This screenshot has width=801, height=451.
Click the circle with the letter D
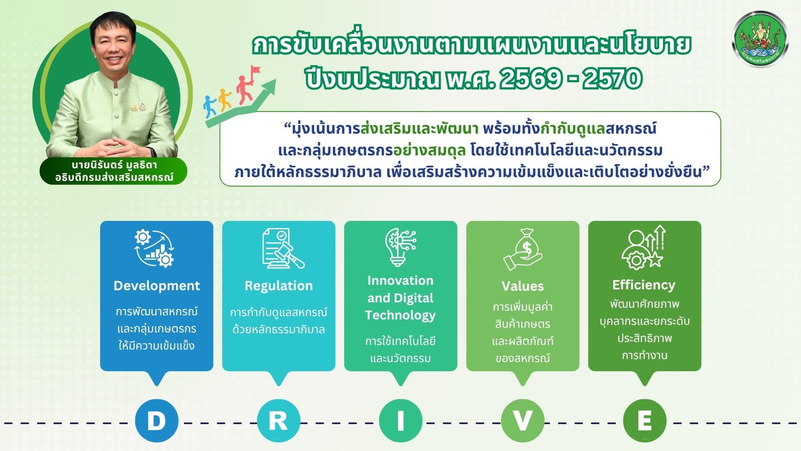pyautogui.click(x=156, y=420)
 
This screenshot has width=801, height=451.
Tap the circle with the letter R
pyautogui.click(x=278, y=420)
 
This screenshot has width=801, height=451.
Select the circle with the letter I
pyautogui.click(x=400, y=420)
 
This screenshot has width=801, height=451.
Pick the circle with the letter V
pyautogui.click(x=523, y=420)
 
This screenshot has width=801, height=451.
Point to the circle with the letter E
pyautogui.click(x=645, y=420)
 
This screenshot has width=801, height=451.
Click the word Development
pyautogui.click(x=156, y=286)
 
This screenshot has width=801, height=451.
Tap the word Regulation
pyautogui.click(x=278, y=286)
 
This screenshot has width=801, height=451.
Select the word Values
pyautogui.click(x=523, y=286)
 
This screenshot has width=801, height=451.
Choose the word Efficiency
pyautogui.click(x=644, y=285)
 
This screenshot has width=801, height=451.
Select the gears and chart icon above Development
pyautogui.click(x=154, y=248)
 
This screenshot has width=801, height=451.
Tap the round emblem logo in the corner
pyautogui.click(x=759, y=40)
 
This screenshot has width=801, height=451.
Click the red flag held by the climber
pyautogui.click(x=256, y=71)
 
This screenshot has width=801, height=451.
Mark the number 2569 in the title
pyautogui.click(x=530, y=78)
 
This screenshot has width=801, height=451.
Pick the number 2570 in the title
pyautogui.click(x=612, y=78)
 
